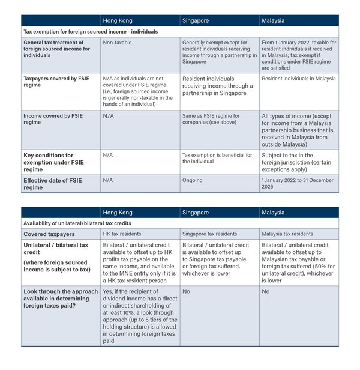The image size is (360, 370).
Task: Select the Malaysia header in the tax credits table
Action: pos(273,212)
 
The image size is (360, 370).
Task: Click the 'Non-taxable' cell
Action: pos(117,43)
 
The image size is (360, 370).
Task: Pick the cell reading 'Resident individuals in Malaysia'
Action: pos(298,79)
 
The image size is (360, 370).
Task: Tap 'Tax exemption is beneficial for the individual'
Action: pos(217,158)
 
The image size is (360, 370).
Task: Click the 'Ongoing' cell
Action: pos(193,180)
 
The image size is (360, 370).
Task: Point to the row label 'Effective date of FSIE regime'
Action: pos(52,183)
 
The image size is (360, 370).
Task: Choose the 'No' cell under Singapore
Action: pos(187,291)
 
